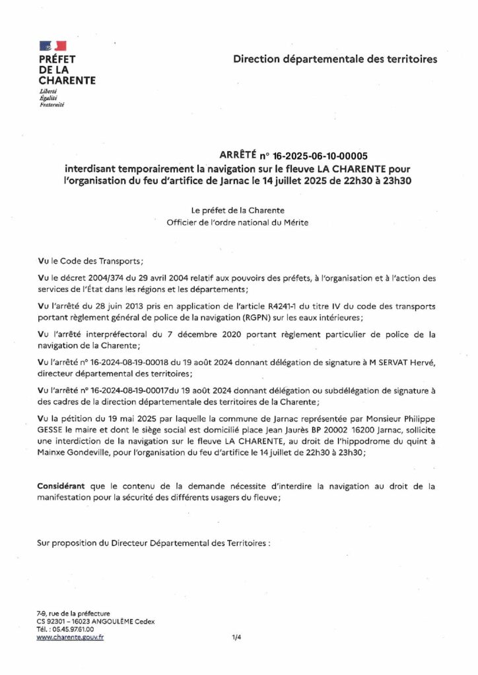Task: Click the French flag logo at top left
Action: point(53,45)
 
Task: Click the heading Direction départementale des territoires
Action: point(335,59)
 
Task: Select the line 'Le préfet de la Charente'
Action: point(238,210)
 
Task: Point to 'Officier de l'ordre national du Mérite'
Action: point(238,222)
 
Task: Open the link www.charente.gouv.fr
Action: point(70,637)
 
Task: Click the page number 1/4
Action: point(237,637)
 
